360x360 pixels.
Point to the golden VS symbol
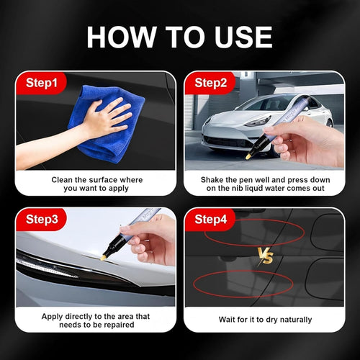[265, 257]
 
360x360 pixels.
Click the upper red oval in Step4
[253, 233]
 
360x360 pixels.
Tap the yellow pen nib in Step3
[104, 253]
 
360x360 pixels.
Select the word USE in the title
[241, 37]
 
